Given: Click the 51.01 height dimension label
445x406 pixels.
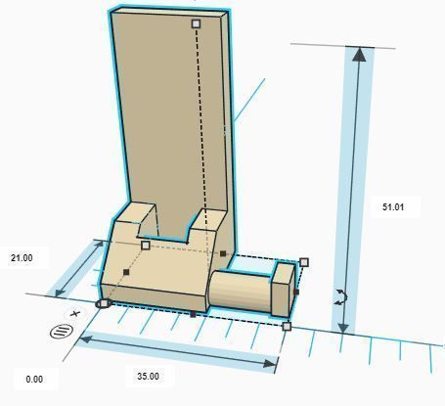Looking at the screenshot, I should (393, 207).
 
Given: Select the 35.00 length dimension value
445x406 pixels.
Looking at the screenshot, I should (148, 376).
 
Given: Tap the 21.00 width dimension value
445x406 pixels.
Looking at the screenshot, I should (22, 258).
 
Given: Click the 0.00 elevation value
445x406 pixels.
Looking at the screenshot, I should (35, 379).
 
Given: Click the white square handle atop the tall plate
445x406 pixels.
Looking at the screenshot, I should (196, 23).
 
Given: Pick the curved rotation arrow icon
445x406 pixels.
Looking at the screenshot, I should (339, 297).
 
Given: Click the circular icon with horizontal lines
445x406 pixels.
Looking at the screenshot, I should (61, 332).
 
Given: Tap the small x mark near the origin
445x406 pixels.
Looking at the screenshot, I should (74, 315).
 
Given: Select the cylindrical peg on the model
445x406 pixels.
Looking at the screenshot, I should (240, 291).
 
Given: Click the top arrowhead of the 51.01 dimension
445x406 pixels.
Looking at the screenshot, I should (360, 54).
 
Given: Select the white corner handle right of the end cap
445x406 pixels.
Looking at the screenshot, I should (304, 262).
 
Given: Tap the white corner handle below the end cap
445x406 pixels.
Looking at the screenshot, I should (287, 326).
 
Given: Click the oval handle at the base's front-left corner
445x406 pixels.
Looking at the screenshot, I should (103, 304).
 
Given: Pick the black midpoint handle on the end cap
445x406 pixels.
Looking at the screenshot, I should (295, 292).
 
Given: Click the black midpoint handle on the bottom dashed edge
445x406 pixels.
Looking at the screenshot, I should (193, 314).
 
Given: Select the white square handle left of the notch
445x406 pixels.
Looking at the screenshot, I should (146, 246).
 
